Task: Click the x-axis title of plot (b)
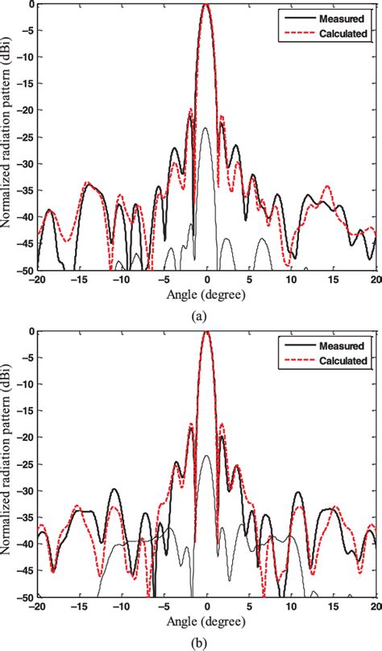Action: (x=207, y=621)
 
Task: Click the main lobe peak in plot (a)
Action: (x=207, y=5)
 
